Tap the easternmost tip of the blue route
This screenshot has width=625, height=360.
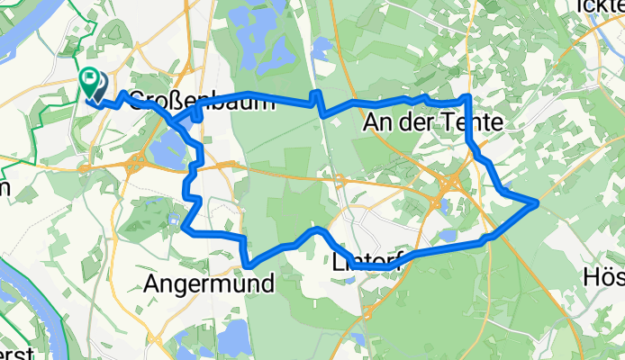538,202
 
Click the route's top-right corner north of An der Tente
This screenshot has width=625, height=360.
468,96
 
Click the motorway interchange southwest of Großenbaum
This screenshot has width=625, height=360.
134,164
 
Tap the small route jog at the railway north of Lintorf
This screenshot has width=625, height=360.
316,101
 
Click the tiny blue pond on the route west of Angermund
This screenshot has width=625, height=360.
173,219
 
